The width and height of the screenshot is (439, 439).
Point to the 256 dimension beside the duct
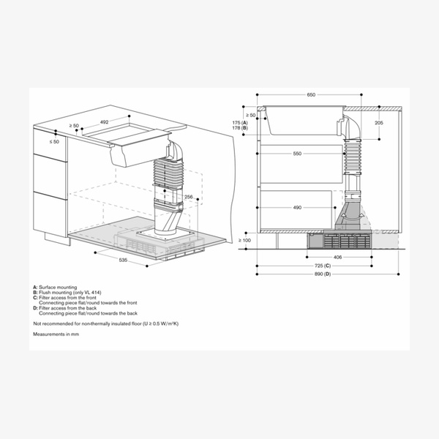pyautogui.click(x=188, y=197)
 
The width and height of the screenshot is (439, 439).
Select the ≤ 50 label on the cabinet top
pyautogui.click(x=55, y=140)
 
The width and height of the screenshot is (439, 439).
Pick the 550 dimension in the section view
pyautogui.click(x=297, y=154)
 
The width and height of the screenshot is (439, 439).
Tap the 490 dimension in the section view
pyautogui.click(x=297, y=208)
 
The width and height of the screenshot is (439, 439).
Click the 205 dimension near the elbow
pyautogui.click(x=378, y=124)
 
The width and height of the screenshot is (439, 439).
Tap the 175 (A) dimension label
pyautogui.click(x=240, y=122)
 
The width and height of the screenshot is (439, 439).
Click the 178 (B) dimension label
pyautogui.click(x=240, y=128)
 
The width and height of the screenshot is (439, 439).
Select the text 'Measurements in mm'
pyautogui.click(x=56, y=334)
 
